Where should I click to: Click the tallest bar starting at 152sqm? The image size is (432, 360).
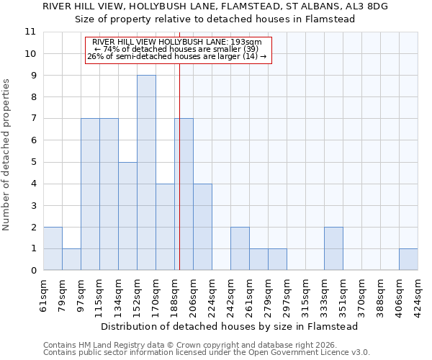click(x=146, y=173)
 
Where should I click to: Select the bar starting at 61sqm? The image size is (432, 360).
click(x=53, y=248)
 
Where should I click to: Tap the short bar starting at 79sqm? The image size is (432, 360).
click(x=71, y=259)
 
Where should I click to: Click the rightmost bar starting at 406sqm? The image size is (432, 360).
click(x=408, y=259)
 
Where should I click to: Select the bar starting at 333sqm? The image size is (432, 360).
click(x=333, y=248)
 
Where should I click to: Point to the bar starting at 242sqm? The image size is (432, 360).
click(x=240, y=248)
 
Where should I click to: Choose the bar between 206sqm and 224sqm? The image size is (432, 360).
click(x=202, y=227)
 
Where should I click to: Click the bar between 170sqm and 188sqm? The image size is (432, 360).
click(x=165, y=227)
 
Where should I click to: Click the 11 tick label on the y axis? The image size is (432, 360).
click(x=30, y=32)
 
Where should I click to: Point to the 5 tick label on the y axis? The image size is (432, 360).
click(x=32, y=162)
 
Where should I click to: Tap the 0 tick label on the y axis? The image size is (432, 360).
click(x=32, y=271)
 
